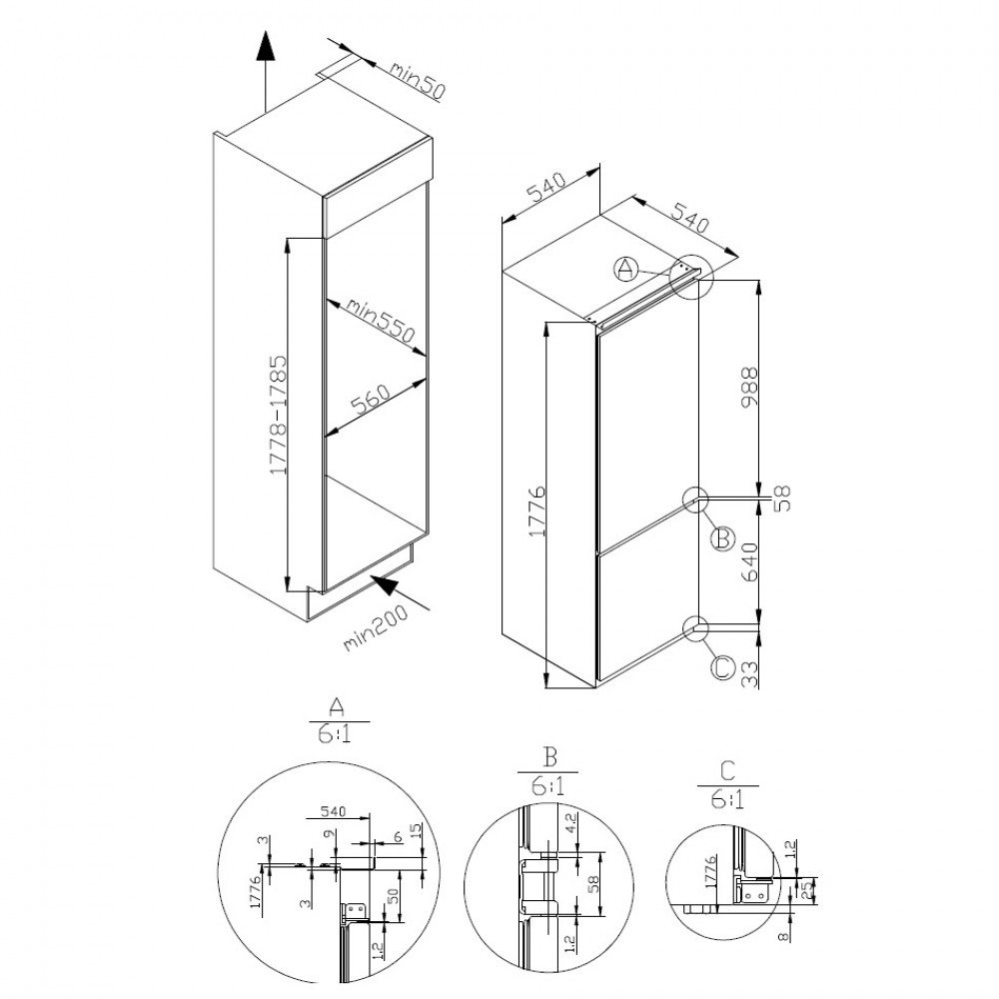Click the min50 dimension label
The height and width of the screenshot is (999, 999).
(x=417, y=81)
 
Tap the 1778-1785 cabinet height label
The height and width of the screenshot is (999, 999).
(x=278, y=415)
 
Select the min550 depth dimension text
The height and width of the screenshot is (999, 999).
(x=381, y=321)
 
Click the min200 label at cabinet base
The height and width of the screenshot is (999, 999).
(x=376, y=628)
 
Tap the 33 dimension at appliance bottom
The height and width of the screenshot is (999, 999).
(x=750, y=674)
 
